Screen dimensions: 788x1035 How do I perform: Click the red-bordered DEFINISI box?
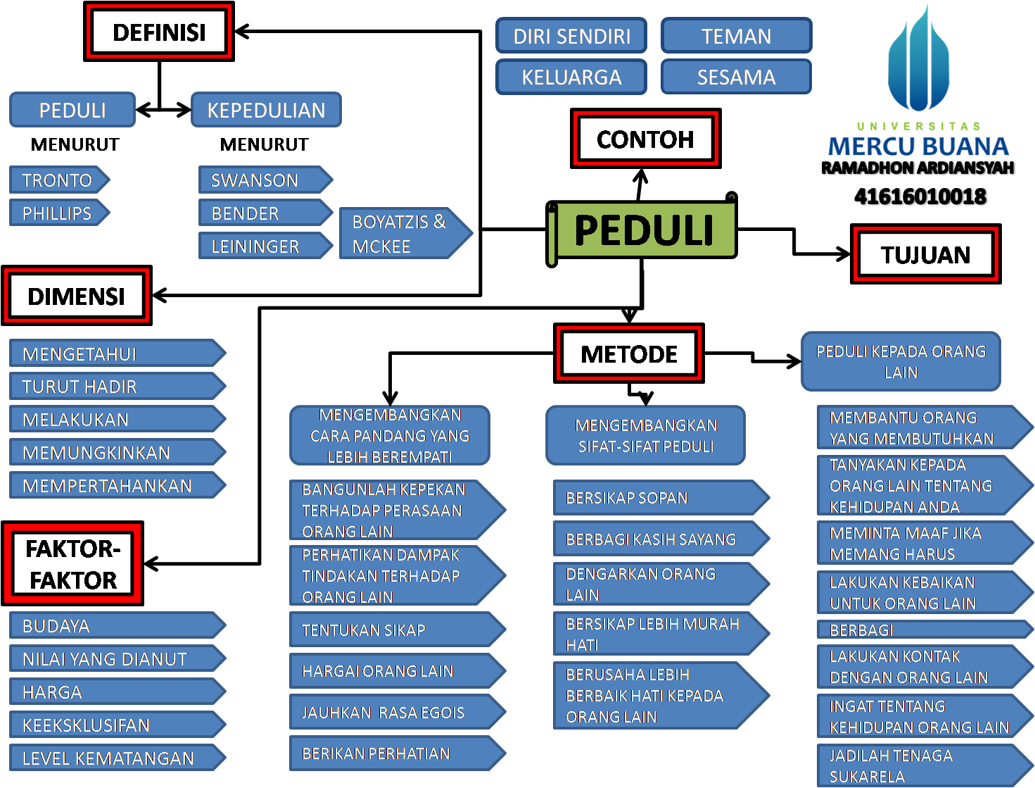[x=159, y=32]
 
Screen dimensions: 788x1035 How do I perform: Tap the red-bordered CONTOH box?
[x=645, y=139]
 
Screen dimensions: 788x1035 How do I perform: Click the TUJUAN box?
[x=925, y=254]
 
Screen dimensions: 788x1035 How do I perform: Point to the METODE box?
[x=629, y=354]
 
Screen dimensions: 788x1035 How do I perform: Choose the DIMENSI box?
[x=76, y=296]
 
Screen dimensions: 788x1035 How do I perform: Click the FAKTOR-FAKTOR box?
[x=73, y=564]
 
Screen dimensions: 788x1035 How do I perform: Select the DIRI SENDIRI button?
[x=571, y=36]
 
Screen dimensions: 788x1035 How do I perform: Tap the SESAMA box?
[x=736, y=77]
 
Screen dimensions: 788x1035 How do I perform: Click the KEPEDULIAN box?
[x=266, y=110]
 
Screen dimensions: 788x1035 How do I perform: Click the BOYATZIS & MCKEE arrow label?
[x=401, y=234]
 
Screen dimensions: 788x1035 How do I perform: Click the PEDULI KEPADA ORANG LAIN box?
[x=901, y=361]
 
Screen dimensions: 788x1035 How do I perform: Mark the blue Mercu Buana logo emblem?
[x=918, y=60]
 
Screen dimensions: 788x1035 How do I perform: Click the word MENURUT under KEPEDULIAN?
[x=264, y=144]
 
